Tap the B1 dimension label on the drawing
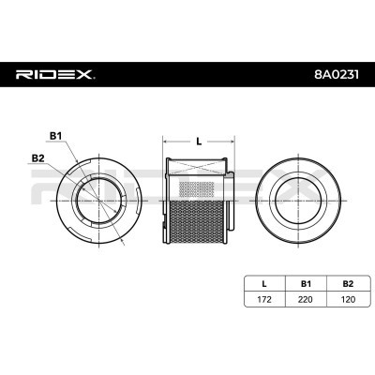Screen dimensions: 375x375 coord(55,138)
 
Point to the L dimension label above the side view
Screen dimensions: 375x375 coord(198,141)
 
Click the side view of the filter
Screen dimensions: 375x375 coord(198,202)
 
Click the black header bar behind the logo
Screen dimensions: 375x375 coord(187,73)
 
